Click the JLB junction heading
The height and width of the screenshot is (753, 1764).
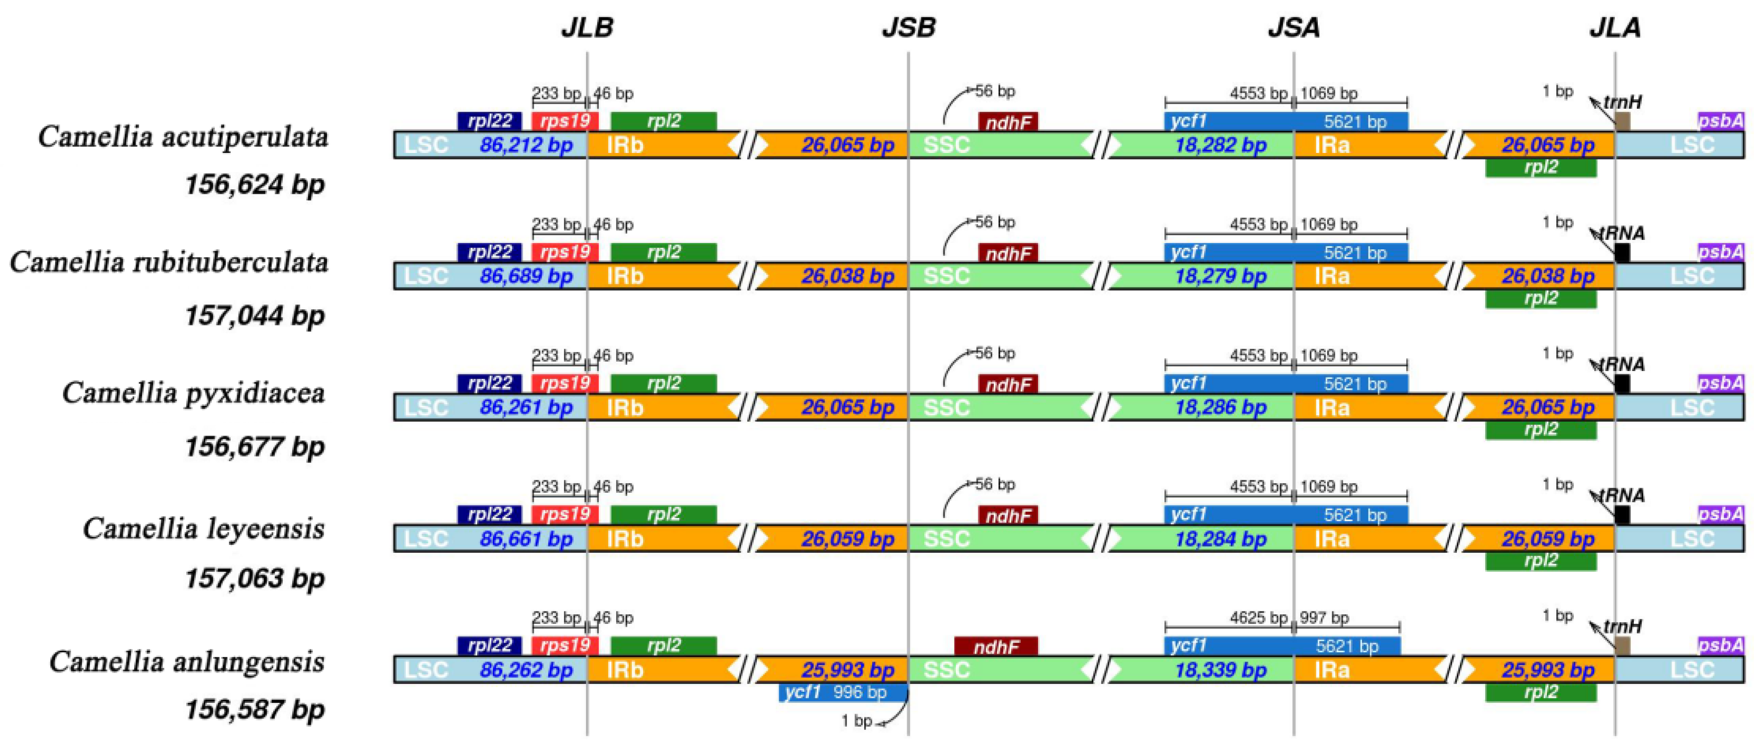tap(587, 27)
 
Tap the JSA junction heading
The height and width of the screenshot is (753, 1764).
tap(1293, 27)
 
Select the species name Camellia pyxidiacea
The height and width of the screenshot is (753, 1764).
tap(193, 393)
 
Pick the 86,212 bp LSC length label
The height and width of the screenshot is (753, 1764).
tap(526, 145)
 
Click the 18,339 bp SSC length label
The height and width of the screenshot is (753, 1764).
tap(1221, 670)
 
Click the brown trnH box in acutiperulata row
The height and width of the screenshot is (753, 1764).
tap(1622, 122)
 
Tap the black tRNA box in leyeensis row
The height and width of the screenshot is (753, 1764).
tap(1622, 515)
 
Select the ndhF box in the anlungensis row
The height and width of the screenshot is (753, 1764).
tap(996, 646)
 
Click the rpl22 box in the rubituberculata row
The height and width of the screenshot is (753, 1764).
tap(489, 252)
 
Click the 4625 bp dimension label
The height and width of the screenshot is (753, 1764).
tap(1258, 618)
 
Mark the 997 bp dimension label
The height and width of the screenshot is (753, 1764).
tap(1324, 618)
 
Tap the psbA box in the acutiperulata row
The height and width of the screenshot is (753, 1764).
tap(1720, 121)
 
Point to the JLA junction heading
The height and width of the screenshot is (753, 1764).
tap(1615, 27)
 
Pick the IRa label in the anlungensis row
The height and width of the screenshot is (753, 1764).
tap(1332, 670)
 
